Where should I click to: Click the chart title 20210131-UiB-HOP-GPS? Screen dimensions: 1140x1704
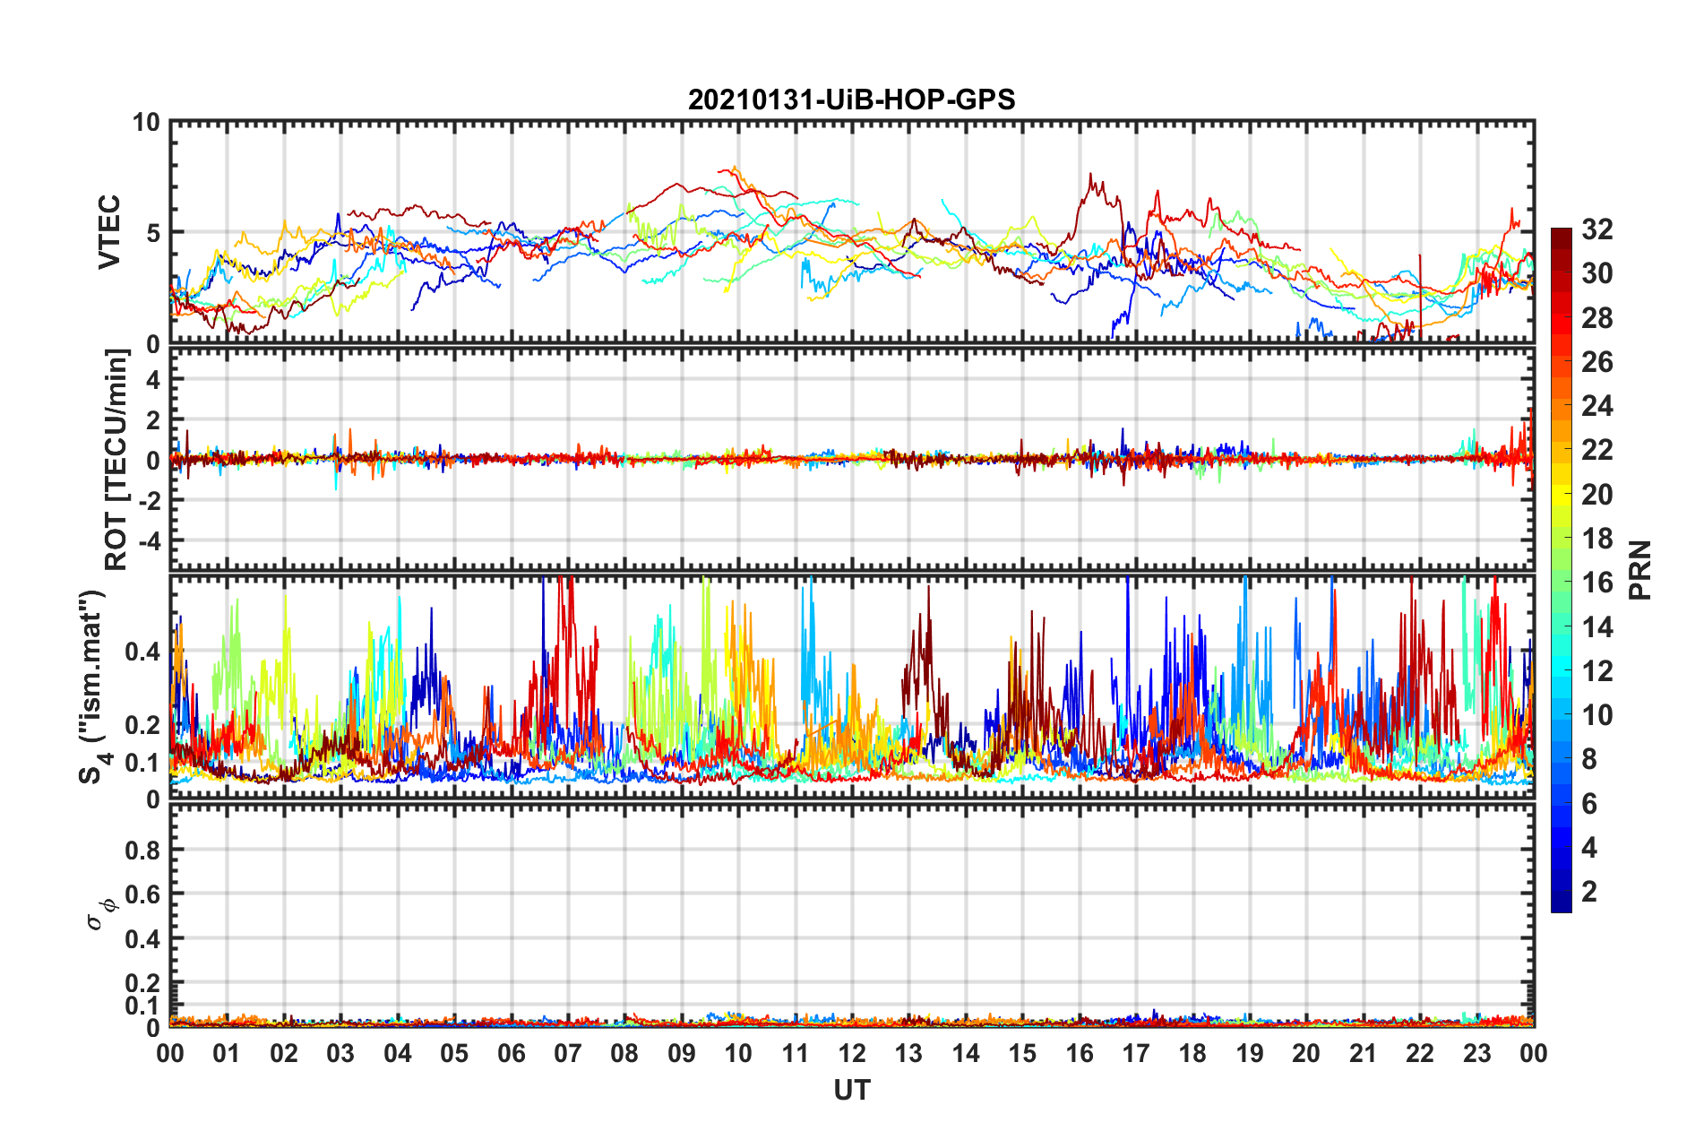coord(851,99)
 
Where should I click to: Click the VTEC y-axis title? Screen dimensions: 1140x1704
coord(109,232)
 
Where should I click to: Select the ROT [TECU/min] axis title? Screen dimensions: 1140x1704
coord(116,460)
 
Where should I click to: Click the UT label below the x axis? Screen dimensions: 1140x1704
coord(851,1090)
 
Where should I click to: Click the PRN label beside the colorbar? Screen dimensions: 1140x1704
coord(1640,570)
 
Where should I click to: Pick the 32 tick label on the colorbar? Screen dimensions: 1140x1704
coord(1596,229)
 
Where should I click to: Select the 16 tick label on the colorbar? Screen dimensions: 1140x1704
coord(1596,583)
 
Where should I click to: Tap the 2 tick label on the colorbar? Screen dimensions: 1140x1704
coord(1589,891)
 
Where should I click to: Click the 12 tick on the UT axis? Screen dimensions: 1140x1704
coord(852,1053)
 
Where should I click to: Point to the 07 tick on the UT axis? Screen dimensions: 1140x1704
coord(568,1053)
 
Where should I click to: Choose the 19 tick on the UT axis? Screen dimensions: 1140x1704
coord(1249,1053)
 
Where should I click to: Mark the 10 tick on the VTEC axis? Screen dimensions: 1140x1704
coord(146,122)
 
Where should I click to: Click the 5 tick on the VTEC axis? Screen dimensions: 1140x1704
coord(152,233)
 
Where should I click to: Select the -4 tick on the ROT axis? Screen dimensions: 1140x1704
coord(148,541)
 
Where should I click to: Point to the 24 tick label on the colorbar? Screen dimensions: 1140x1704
coord(1596,406)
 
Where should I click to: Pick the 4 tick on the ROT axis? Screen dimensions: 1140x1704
coord(153,380)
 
